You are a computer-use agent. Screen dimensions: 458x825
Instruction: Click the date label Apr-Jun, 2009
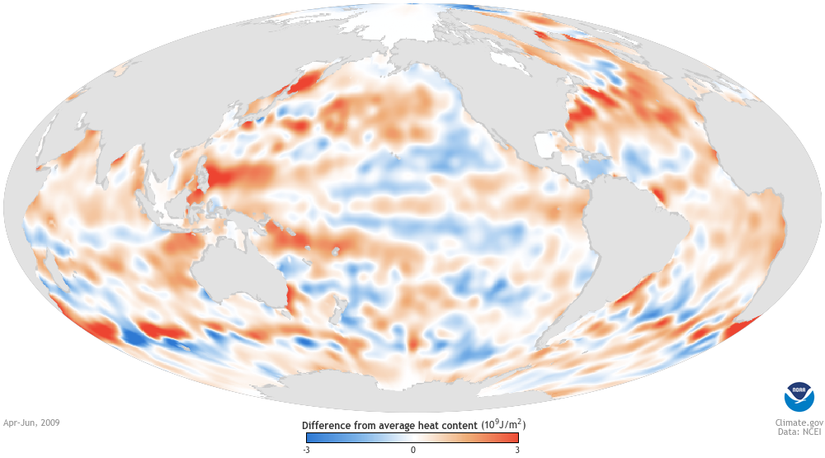[x=31, y=422]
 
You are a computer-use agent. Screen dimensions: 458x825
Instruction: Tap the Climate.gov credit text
[x=791, y=421]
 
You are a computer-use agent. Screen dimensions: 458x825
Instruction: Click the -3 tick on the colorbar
[x=307, y=450]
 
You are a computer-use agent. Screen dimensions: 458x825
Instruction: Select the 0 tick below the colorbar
[x=413, y=450]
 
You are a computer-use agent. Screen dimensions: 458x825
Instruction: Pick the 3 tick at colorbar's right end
[x=517, y=450]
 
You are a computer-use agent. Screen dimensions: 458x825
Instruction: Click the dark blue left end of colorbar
[x=310, y=438]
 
